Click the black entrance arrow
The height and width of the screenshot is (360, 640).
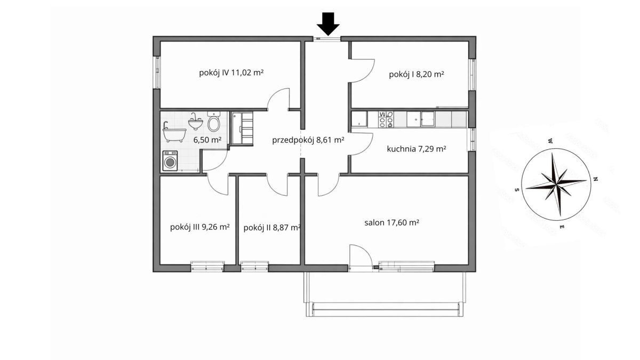pyautogui.click(x=328, y=25)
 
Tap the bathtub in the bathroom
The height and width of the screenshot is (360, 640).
pyautogui.click(x=174, y=132)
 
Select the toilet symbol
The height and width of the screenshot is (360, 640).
pyautogui.click(x=213, y=122)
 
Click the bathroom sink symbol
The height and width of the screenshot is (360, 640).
pyautogui.click(x=195, y=122)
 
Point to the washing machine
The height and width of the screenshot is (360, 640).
pyautogui.click(x=170, y=161)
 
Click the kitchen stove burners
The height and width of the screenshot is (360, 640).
pyautogui.click(x=386, y=119)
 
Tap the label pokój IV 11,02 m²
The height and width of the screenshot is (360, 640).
pyautogui.click(x=231, y=73)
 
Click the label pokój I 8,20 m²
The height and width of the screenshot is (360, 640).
pyautogui.click(x=417, y=75)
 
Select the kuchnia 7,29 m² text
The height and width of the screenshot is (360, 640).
pyautogui.click(x=417, y=149)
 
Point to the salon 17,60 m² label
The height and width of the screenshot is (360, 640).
pyautogui.click(x=391, y=222)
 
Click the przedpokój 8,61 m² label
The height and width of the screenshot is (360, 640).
pyautogui.click(x=308, y=140)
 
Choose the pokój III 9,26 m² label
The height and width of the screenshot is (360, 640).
pyautogui.click(x=200, y=227)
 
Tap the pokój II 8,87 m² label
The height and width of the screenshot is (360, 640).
pyautogui.click(x=272, y=228)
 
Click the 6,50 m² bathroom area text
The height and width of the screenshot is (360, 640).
pyautogui.click(x=207, y=140)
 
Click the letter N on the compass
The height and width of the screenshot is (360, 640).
pyautogui.click(x=596, y=179)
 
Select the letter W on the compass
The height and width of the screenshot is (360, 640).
pyautogui.click(x=550, y=141)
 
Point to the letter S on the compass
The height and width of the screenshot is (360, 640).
pyautogui.click(x=517, y=189)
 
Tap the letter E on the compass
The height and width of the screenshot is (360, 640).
pyautogui.click(x=562, y=227)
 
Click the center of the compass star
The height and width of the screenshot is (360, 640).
pyautogui.click(x=556, y=185)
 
